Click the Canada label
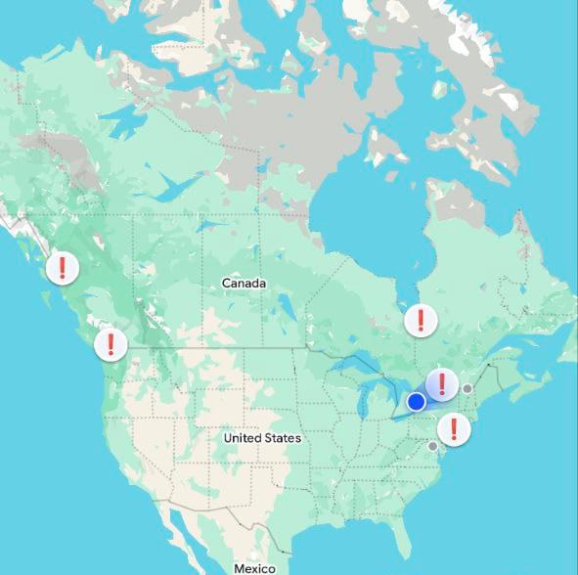(x=244, y=284)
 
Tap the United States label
(x=262, y=438)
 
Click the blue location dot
(x=416, y=401)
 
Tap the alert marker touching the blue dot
(x=442, y=384)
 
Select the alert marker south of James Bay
(x=421, y=319)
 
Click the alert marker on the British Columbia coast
(x=63, y=267)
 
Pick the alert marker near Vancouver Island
(x=111, y=344)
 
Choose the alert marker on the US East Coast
(x=453, y=428)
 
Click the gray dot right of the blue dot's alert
(x=467, y=388)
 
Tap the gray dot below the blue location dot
(x=433, y=446)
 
